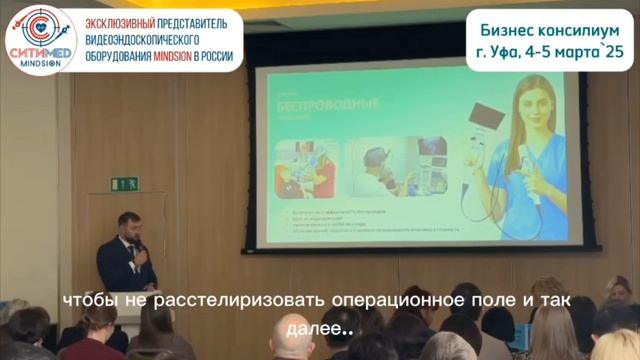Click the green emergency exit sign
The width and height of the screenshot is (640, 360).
tap(124, 184)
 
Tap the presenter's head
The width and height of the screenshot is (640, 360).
tap(125, 222)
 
